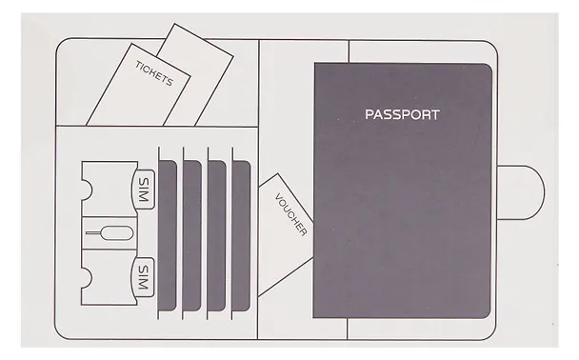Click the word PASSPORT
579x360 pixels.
point(402,114)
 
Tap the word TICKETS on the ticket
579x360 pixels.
point(154,73)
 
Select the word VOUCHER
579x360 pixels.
point(290,214)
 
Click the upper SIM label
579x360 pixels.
point(143,190)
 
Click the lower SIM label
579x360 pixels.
point(143,277)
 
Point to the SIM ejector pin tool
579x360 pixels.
point(110,232)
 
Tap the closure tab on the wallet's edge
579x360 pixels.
point(521,192)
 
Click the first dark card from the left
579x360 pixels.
point(168,235)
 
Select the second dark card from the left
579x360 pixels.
point(192,235)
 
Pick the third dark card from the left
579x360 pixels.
point(217,235)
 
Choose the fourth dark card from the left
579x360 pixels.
point(241,235)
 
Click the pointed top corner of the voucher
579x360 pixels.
point(278,173)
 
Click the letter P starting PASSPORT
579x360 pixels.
point(369,114)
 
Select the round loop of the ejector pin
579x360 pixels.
point(118,232)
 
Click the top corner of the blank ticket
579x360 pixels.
point(174,24)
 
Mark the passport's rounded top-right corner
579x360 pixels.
point(489,67)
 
